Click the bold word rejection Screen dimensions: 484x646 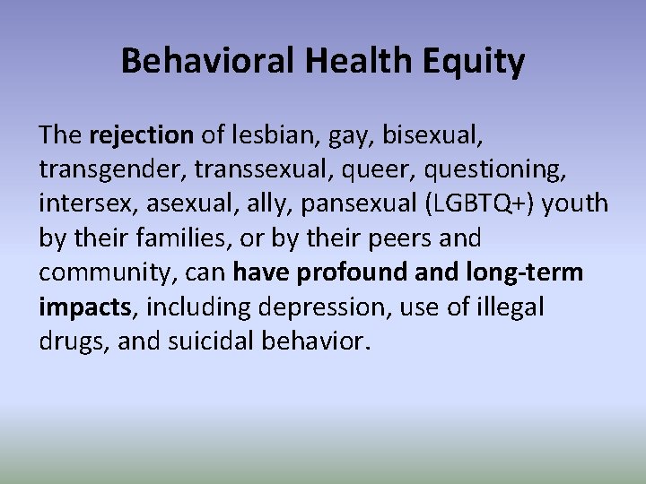(142, 135)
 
